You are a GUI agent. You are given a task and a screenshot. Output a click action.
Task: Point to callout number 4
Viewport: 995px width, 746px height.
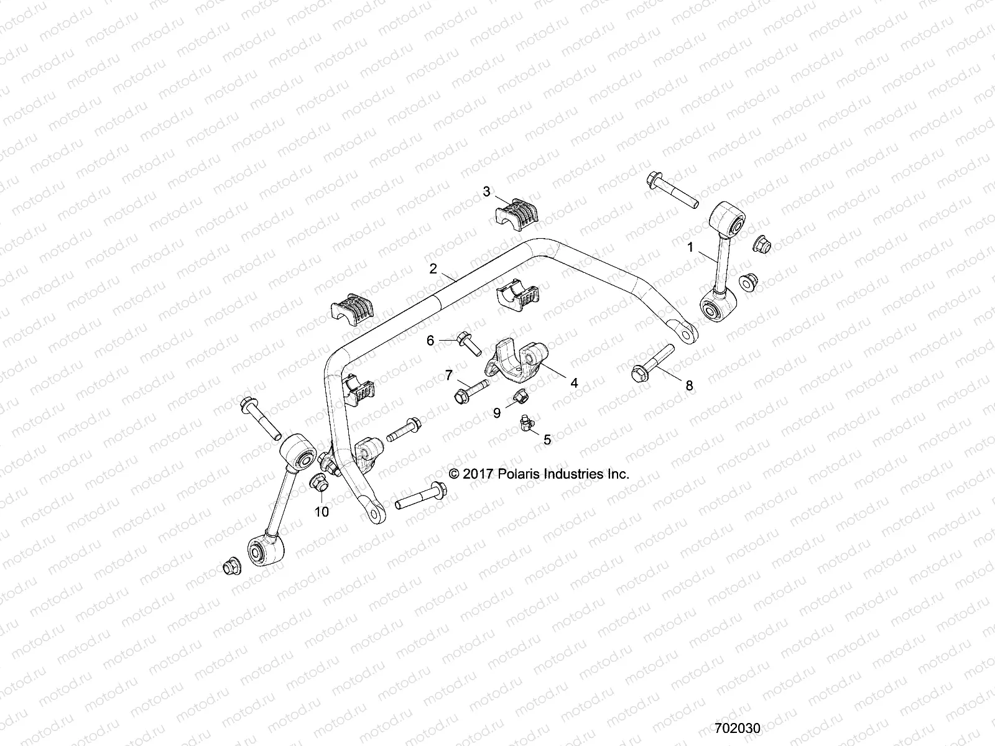[574, 384]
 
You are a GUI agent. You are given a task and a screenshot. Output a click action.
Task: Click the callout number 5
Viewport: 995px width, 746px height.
[547, 440]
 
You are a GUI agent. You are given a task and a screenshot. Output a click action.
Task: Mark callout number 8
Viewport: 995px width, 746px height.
[689, 385]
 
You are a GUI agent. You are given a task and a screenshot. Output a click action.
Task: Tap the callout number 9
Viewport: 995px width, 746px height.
[497, 412]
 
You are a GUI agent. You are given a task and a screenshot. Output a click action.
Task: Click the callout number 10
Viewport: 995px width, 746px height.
[322, 512]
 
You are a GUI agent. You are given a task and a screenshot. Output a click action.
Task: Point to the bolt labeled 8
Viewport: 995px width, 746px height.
[651, 363]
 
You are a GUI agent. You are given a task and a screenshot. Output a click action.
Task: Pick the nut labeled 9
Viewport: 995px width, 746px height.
[520, 395]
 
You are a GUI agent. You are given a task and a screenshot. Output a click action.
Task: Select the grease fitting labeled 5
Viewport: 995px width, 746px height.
[527, 425]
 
